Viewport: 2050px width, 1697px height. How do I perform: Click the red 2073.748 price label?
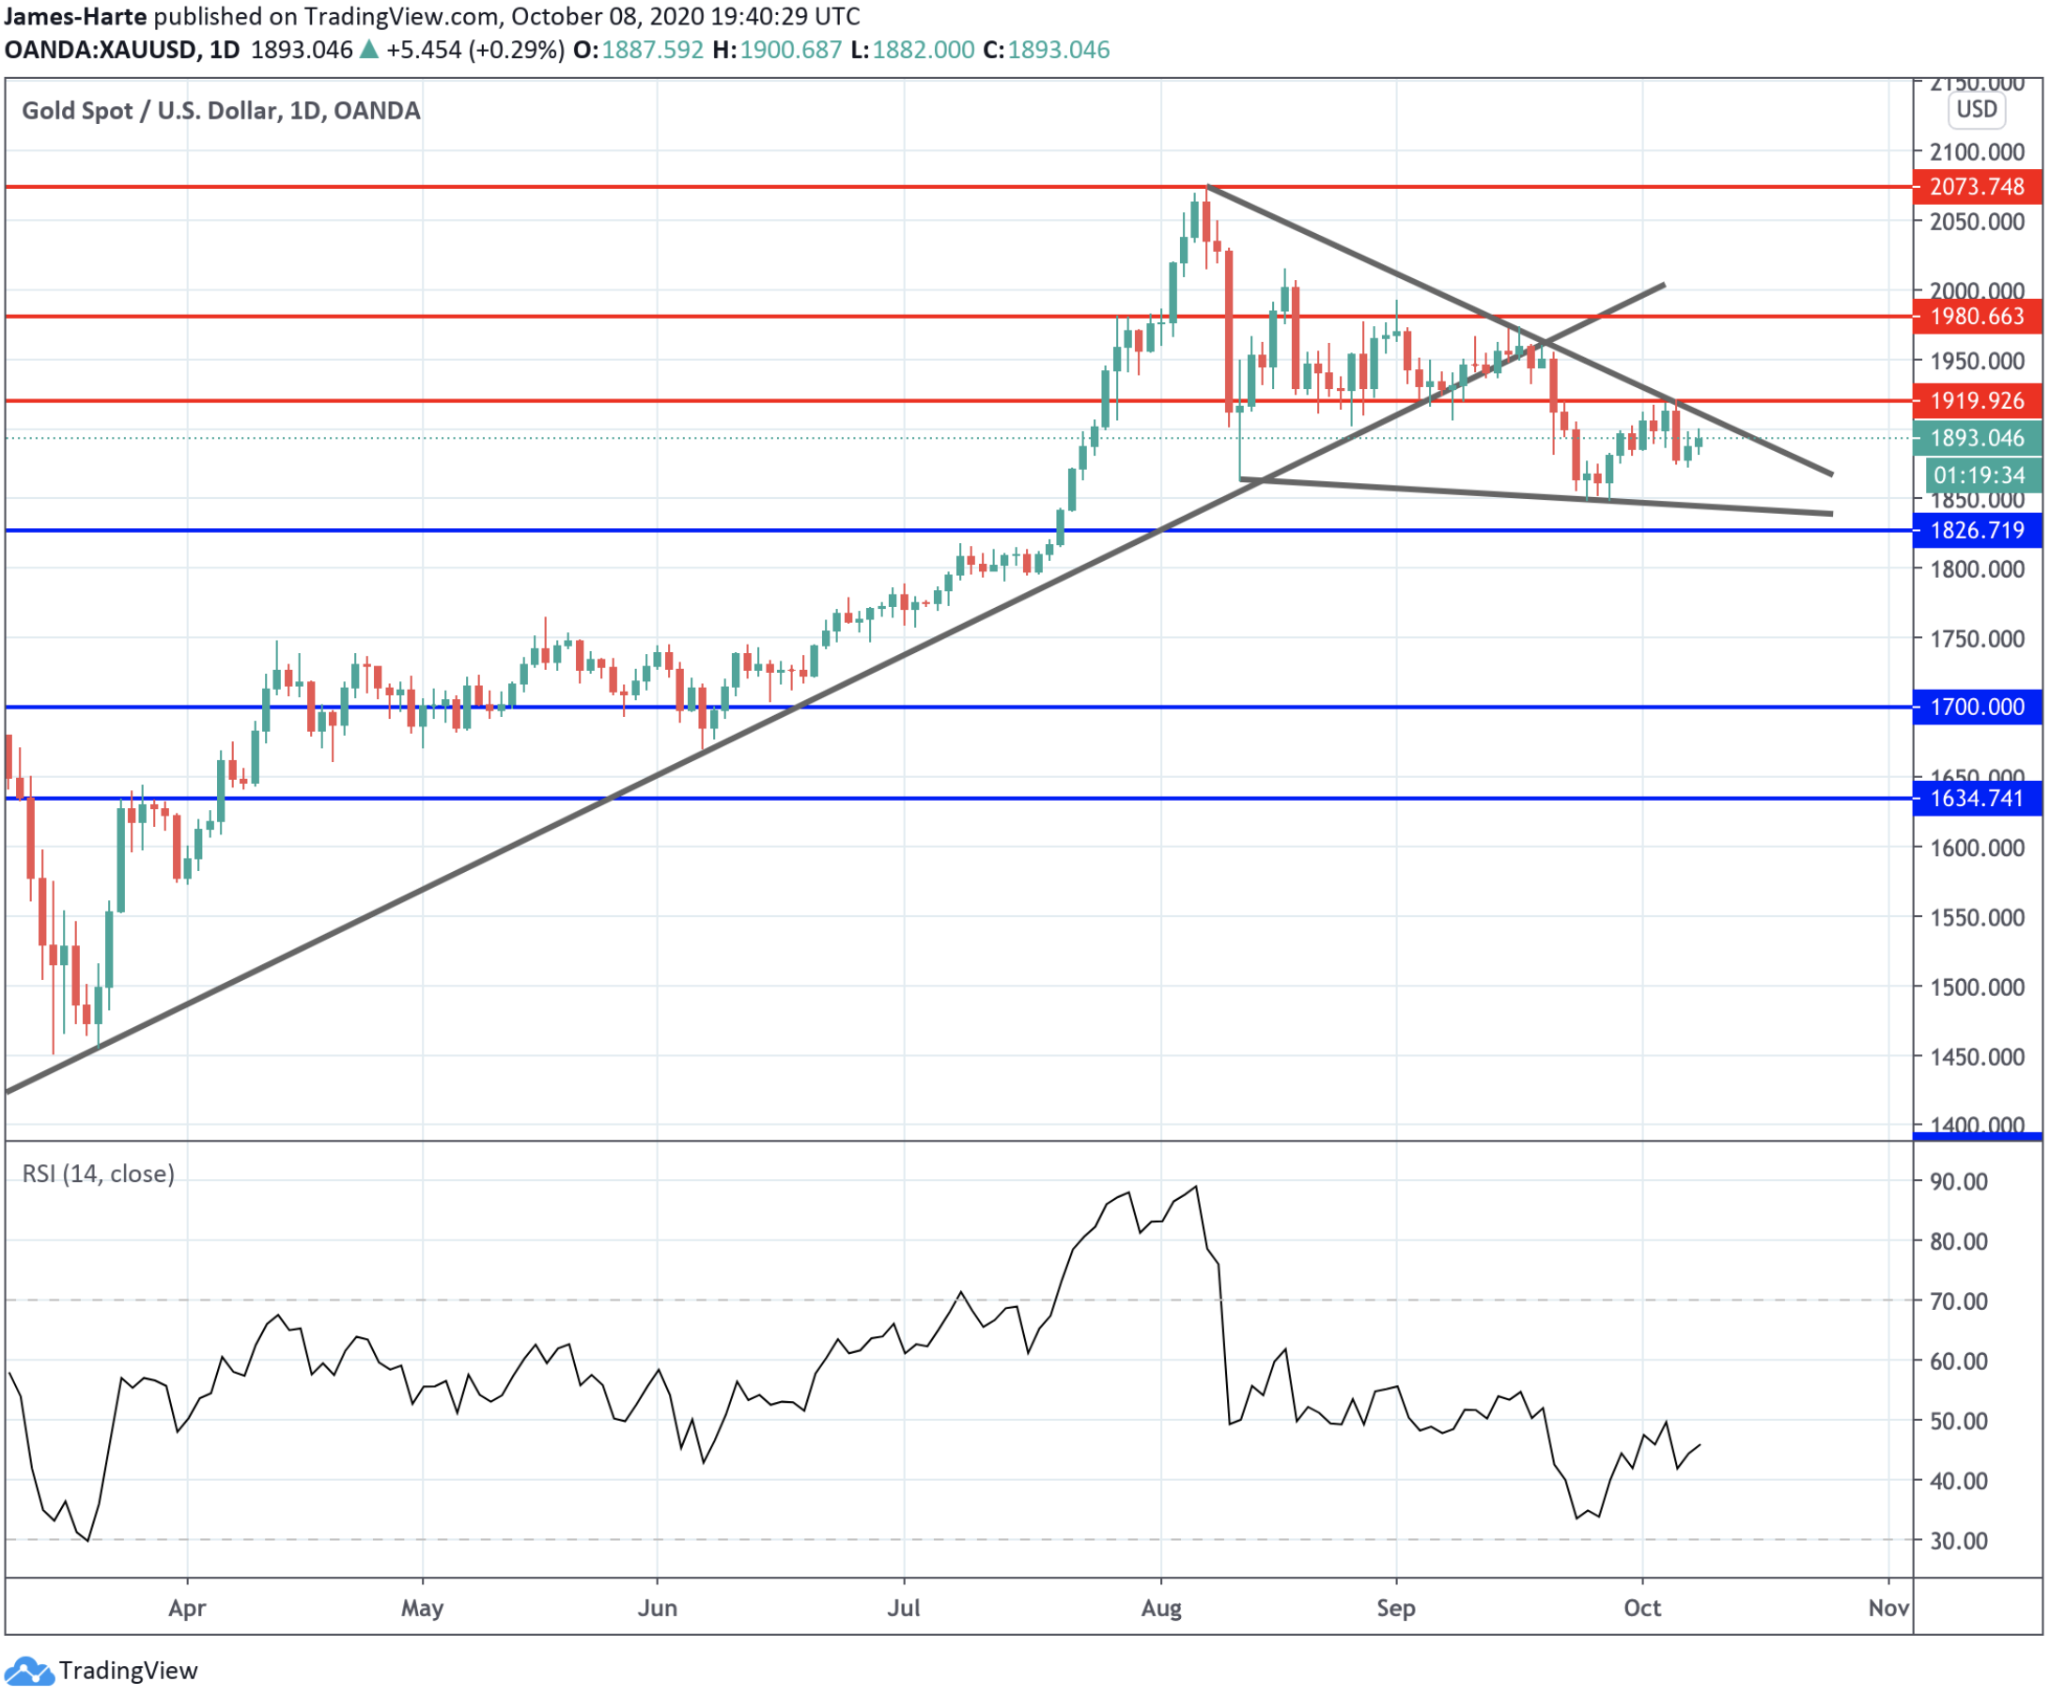(x=1976, y=186)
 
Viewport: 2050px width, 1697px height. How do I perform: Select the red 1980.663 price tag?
(x=1976, y=317)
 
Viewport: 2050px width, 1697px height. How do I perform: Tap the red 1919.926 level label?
(x=1976, y=400)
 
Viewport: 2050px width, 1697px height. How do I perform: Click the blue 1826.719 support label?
(x=1976, y=530)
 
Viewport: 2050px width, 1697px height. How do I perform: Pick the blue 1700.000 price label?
(x=1976, y=707)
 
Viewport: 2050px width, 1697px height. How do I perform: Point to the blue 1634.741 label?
(x=1976, y=799)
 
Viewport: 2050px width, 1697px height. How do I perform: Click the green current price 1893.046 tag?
(x=1976, y=439)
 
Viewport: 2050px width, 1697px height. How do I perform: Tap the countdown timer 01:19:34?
(x=1979, y=475)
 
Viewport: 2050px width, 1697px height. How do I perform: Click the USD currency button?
(x=1977, y=109)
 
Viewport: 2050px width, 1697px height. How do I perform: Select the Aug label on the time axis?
(x=1160, y=1608)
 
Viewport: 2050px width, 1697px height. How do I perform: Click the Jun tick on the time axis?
(x=657, y=1608)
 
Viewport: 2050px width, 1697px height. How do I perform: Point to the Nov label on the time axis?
(x=1888, y=1608)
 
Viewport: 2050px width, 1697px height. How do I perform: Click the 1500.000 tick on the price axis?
(x=1976, y=988)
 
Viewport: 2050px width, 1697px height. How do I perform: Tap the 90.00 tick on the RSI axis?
(x=1958, y=1181)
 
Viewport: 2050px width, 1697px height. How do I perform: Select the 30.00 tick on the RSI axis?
(x=1958, y=1541)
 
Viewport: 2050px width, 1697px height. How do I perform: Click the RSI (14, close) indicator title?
(x=99, y=1174)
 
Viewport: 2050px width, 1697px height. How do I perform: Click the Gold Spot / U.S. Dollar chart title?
(x=221, y=110)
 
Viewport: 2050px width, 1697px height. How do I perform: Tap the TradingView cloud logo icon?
(x=28, y=1671)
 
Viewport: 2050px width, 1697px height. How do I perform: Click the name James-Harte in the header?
(x=75, y=17)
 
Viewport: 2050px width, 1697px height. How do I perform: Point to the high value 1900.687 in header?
(x=790, y=50)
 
